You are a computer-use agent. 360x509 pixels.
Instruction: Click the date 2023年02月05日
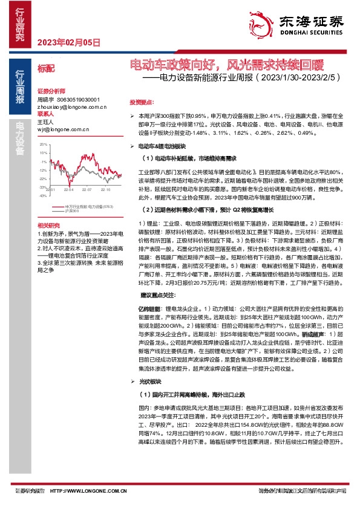[68, 42]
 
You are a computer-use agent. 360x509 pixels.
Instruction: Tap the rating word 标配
[45, 70]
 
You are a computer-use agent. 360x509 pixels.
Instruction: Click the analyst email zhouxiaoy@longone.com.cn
[71, 106]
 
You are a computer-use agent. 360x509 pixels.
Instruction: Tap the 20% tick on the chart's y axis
[43, 146]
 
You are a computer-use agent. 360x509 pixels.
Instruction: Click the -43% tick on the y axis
[42, 195]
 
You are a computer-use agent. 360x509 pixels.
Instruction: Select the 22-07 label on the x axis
[87, 190]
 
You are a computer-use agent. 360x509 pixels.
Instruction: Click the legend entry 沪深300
[71, 210]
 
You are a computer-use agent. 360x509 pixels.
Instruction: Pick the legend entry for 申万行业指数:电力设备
[88, 206]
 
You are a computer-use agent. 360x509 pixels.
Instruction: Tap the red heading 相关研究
[46, 224]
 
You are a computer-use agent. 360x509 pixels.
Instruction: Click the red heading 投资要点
[141, 102]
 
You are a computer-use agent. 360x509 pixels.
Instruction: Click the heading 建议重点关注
[159, 295]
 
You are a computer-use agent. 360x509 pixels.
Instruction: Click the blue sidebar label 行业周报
[19, 88]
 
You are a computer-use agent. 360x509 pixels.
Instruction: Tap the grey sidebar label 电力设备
[19, 138]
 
